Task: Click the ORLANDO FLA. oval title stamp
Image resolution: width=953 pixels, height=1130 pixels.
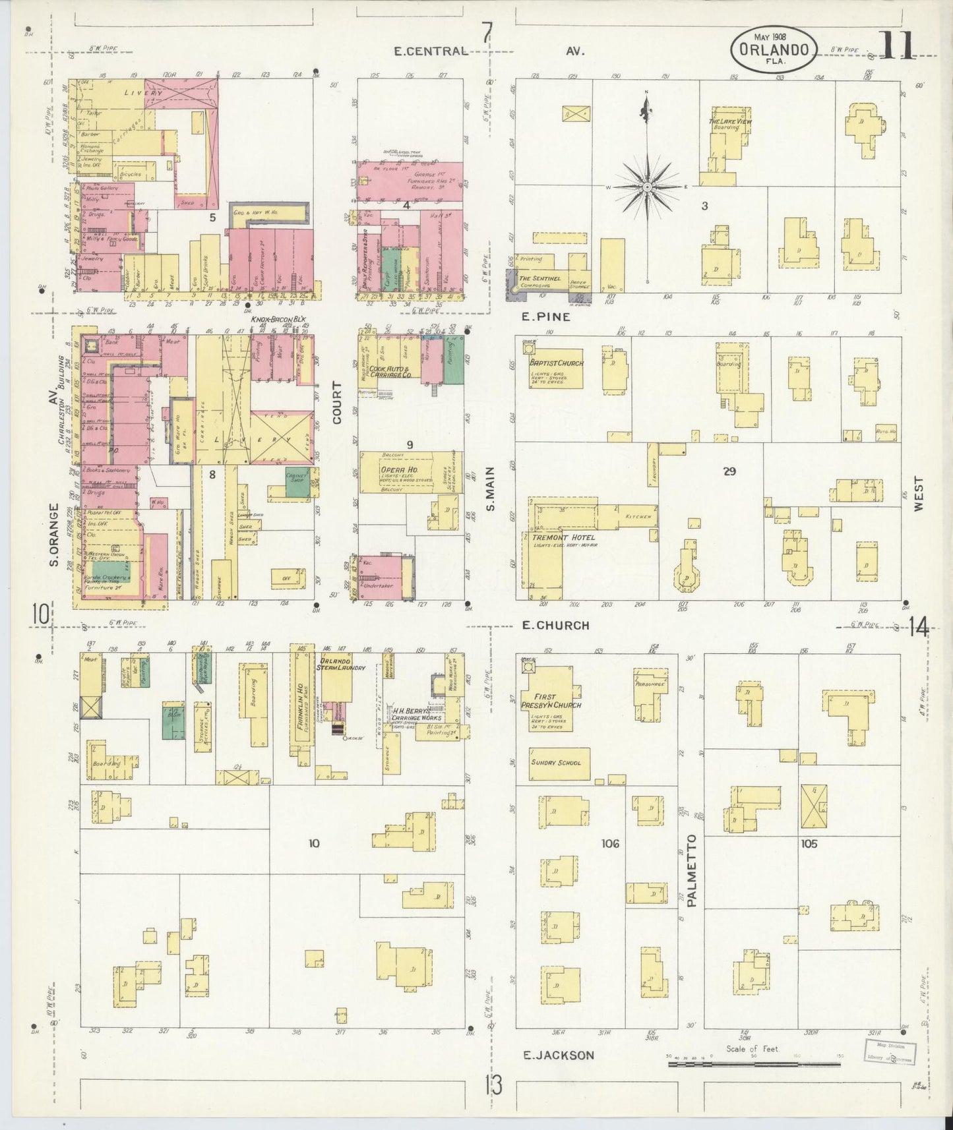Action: (x=774, y=49)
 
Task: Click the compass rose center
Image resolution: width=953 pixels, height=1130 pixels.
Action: (x=648, y=187)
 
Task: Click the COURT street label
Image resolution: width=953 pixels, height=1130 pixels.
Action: (x=338, y=402)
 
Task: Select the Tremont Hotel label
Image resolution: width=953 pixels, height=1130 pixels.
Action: (x=559, y=537)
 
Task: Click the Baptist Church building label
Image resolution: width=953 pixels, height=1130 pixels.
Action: (x=555, y=362)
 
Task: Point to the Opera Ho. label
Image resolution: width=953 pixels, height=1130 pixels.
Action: (x=395, y=468)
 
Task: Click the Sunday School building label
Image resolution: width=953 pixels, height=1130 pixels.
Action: (x=556, y=762)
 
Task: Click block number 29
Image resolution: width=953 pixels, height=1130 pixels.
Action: (x=729, y=471)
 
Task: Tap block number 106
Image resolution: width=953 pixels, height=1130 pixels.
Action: (x=610, y=843)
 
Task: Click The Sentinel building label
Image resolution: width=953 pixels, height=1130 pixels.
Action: (x=539, y=279)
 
